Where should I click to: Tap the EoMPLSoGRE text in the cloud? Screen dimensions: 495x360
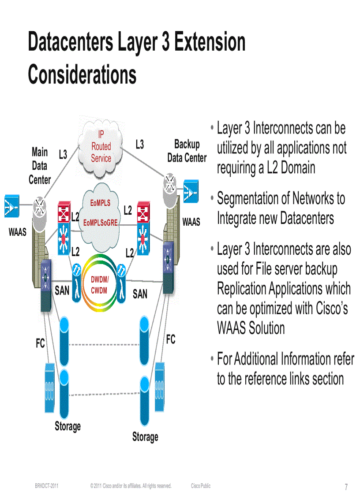101,223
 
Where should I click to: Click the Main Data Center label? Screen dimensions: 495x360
40,166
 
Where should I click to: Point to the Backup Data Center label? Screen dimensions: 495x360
187,151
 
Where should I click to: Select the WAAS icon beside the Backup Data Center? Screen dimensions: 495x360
191,191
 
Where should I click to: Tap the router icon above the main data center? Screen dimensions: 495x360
41,205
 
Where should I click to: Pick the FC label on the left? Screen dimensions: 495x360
40,343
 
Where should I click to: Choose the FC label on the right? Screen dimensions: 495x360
170,339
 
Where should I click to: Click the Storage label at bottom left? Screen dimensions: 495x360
67,426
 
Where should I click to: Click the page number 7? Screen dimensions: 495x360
346,487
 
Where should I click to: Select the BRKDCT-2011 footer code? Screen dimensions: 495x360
47,486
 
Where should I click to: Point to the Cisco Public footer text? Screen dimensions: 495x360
201,486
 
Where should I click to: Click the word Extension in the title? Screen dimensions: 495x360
210,43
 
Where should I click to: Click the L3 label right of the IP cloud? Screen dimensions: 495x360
139,144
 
